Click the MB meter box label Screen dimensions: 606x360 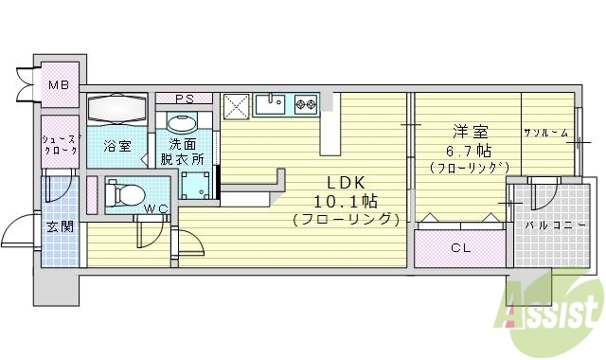click(x=59, y=85)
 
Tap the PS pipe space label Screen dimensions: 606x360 click(x=185, y=99)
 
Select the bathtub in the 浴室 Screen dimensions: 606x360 click(x=117, y=109)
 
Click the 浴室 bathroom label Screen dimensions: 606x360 click(x=116, y=146)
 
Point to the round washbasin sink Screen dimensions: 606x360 click(x=181, y=124)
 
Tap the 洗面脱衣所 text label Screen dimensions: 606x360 click(x=185, y=153)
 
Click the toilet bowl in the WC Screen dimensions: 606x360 click(x=121, y=194)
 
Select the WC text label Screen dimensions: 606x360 click(x=157, y=209)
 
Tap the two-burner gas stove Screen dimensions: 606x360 click(x=305, y=102)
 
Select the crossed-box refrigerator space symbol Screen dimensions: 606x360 click(x=236, y=105)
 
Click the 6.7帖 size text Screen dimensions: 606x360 click(x=462, y=152)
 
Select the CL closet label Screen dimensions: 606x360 click(x=461, y=249)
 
